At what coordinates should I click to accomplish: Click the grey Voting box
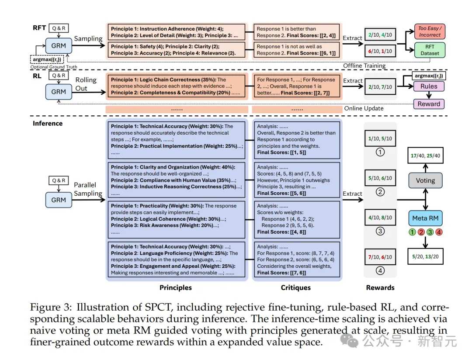point(425,180)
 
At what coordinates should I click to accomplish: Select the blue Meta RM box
point(425,218)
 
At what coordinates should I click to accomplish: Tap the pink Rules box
point(429,87)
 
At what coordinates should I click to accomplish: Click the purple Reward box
point(429,104)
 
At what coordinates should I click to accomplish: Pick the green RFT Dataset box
point(430,50)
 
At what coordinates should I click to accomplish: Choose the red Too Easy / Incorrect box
point(430,31)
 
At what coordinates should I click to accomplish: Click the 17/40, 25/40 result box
point(425,156)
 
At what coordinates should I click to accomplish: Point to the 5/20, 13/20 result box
point(425,256)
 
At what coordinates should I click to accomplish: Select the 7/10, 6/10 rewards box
point(380,257)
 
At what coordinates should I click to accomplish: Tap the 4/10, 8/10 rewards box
point(380,217)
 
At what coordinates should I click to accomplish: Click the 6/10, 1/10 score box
point(380,51)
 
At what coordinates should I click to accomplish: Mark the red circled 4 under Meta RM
point(439,232)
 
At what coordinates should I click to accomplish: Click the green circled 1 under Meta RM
point(412,232)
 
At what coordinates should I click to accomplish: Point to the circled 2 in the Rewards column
point(380,192)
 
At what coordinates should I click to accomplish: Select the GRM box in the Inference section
point(59,200)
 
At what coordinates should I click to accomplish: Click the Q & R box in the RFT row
point(59,28)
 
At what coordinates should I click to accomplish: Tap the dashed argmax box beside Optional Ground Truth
point(47,59)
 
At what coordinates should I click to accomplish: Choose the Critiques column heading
point(295,287)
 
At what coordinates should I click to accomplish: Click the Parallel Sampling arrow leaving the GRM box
point(89,200)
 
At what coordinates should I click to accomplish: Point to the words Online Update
point(364,108)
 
